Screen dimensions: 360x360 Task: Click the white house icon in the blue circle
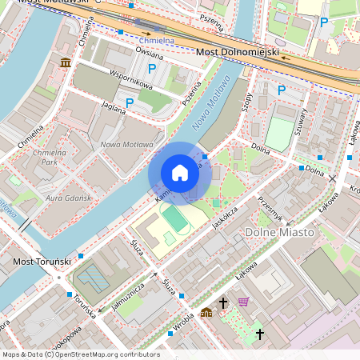tap(180, 173)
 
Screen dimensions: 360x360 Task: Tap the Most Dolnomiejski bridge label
tap(237, 53)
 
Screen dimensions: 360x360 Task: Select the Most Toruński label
tap(42, 262)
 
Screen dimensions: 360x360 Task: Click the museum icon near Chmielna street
tap(65, 62)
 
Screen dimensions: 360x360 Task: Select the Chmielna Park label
tap(50, 156)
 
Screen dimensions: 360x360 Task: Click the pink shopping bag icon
tap(243, 302)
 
